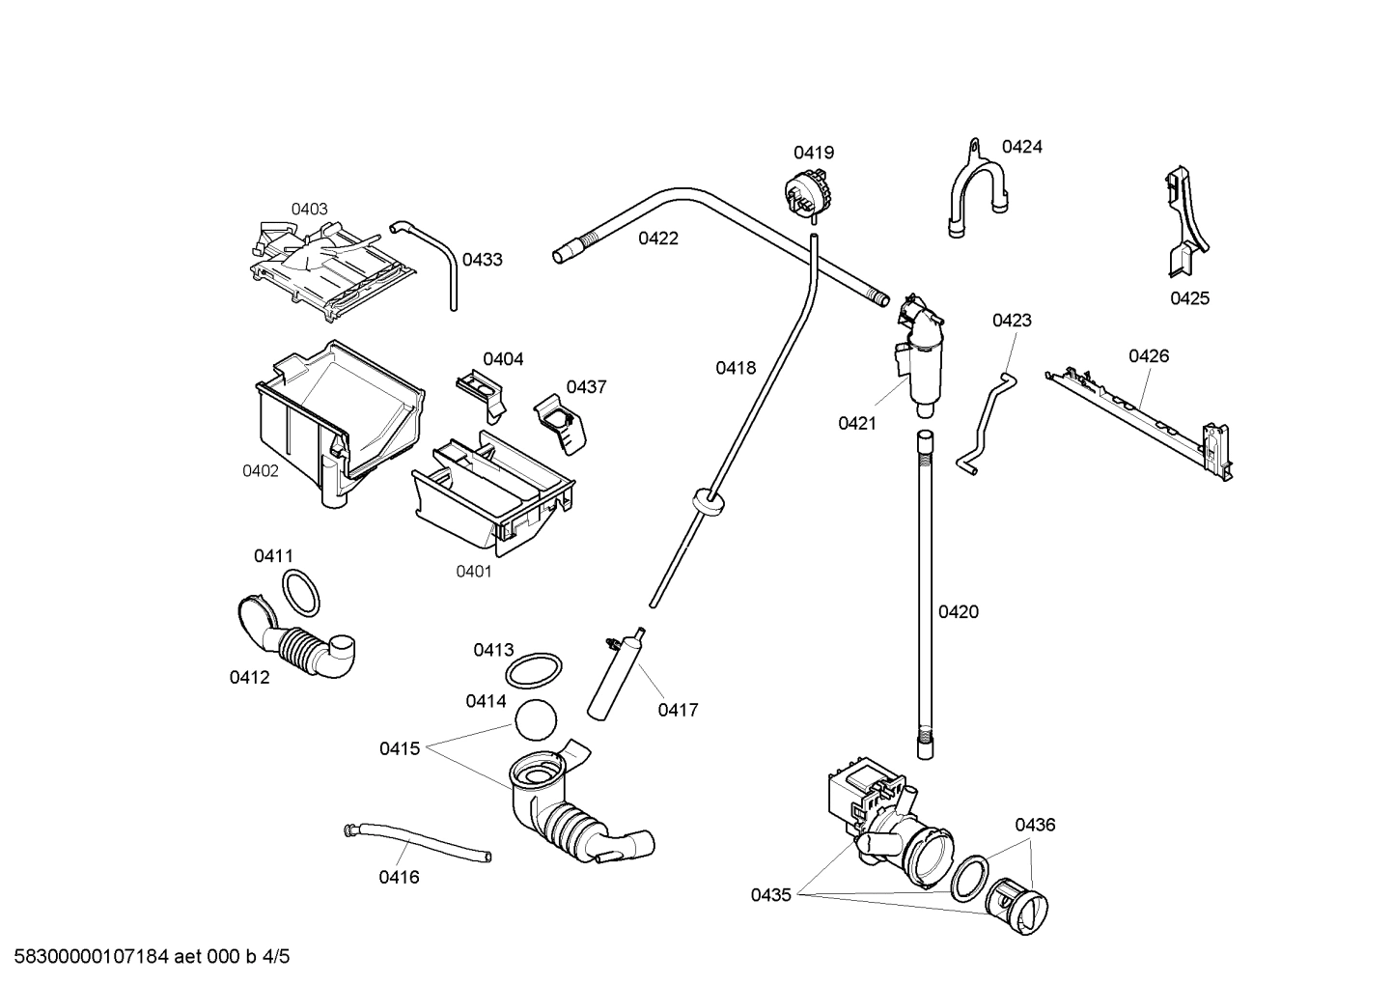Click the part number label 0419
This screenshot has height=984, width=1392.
[x=814, y=153]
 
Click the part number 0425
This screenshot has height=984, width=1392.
[x=1189, y=298]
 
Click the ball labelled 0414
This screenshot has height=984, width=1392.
[x=538, y=721]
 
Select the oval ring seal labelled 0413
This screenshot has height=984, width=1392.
[x=534, y=668]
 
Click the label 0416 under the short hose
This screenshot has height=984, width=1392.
[x=399, y=877]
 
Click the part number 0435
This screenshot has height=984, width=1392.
[x=771, y=895]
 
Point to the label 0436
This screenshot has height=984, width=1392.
[x=1035, y=825]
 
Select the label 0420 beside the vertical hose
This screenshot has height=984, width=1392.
[x=959, y=611]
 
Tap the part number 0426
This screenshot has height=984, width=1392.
[x=1149, y=356]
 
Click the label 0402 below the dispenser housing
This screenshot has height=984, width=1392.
[x=261, y=471]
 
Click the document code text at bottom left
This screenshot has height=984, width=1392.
[x=146, y=957]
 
